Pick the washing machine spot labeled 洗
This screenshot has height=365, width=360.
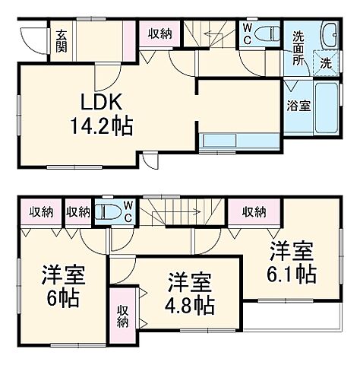pos(324,64)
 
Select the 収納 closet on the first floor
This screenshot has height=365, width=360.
pos(159,33)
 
